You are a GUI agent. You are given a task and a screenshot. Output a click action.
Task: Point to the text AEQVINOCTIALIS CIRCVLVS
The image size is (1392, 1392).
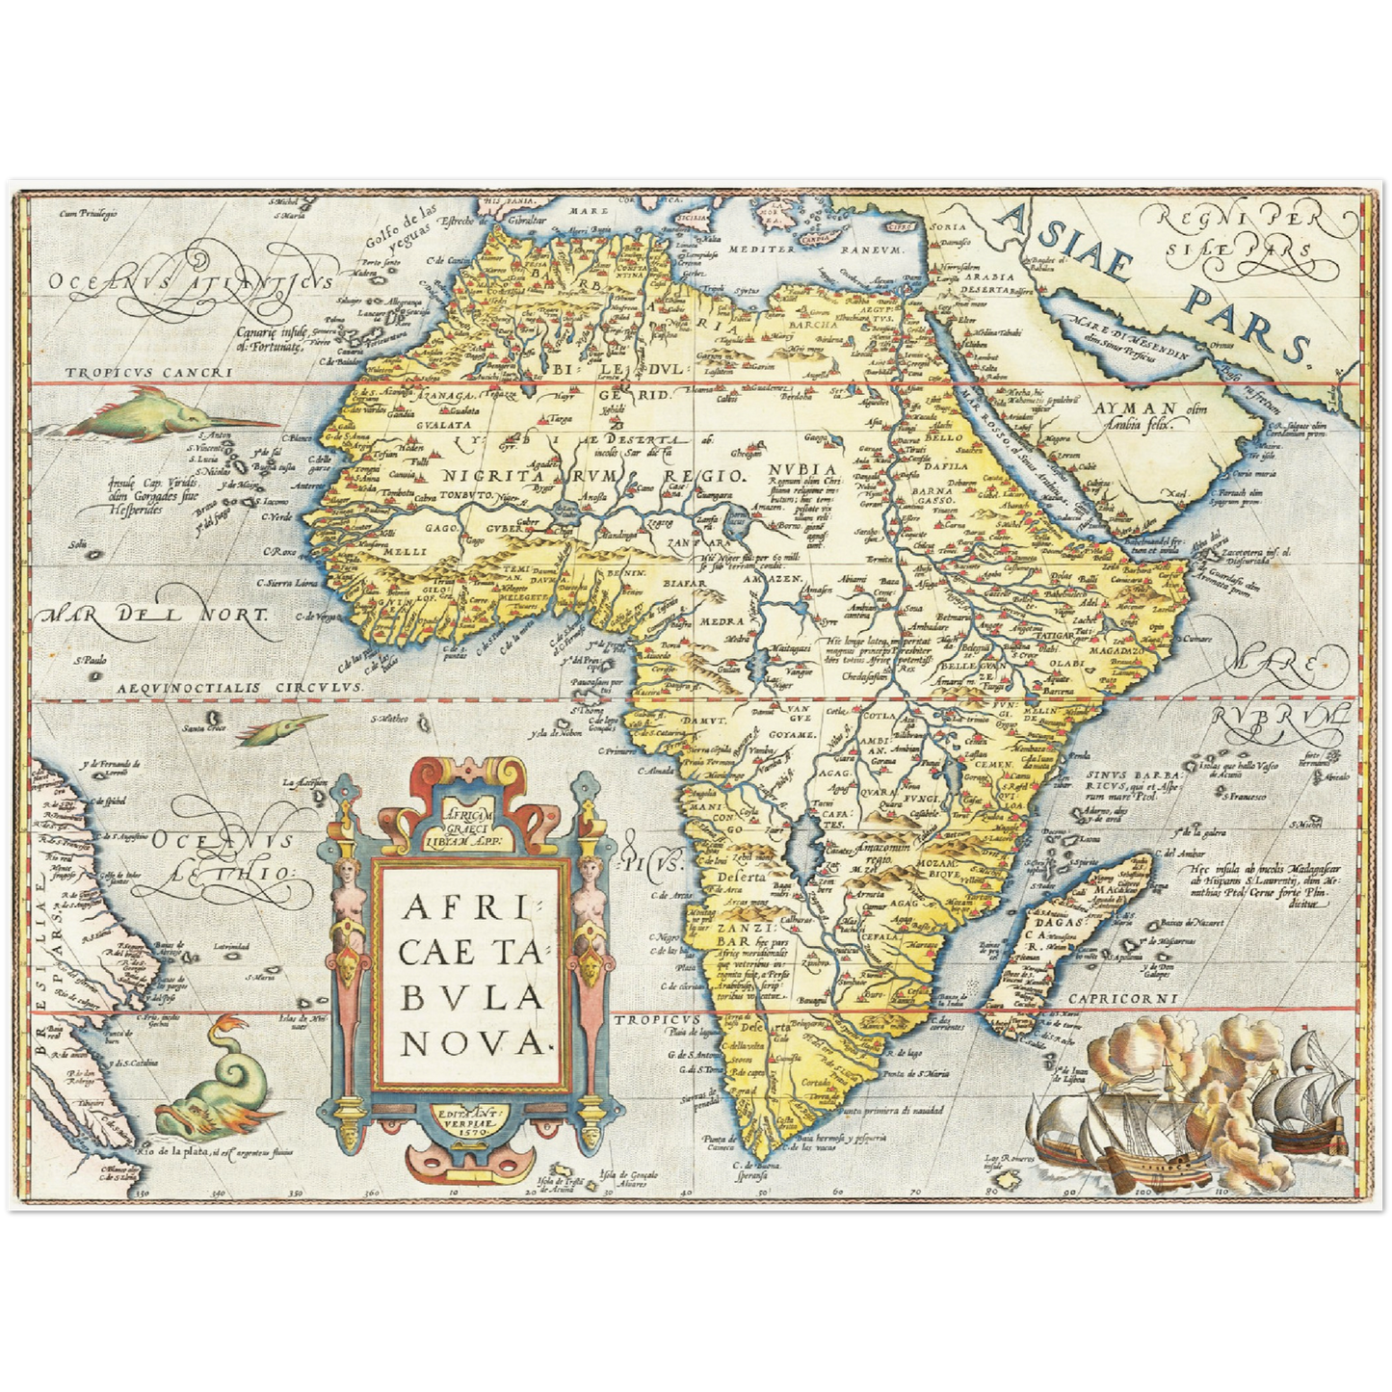click(237, 687)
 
